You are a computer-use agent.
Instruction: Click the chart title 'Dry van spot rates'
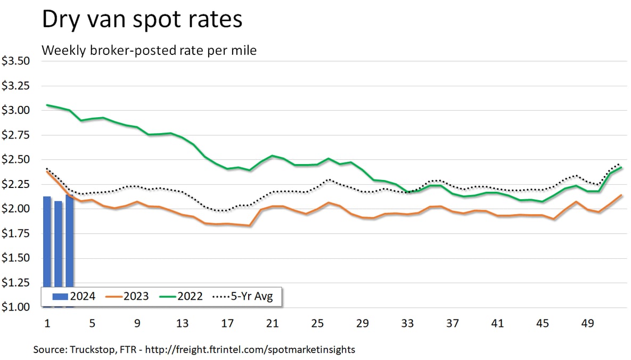pyautogui.click(x=142, y=20)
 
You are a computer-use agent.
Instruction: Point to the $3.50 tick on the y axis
pyautogui.click(x=15, y=61)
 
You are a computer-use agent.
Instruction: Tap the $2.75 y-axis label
pyautogui.click(x=15, y=135)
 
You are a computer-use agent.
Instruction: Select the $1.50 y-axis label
pyautogui.click(x=15, y=258)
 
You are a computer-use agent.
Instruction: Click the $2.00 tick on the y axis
pyautogui.click(x=15, y=209)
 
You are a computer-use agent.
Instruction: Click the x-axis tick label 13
pyautogui.click(x=183, y=323)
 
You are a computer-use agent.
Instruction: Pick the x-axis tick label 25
pyautogui.click(x=317, y=323)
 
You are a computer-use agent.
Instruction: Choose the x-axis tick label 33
pyautogui.click(x=407, y=323)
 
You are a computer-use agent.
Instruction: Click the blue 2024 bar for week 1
pyautogui.click(x=47, y=240)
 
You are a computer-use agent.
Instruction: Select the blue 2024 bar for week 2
pyautogui.click(x=58, y=242)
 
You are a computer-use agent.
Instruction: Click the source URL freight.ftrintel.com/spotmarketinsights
pyautogui.click(x=255, y=350)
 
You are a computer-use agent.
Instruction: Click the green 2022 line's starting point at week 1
pyautogui.click(x=47, y=105)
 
